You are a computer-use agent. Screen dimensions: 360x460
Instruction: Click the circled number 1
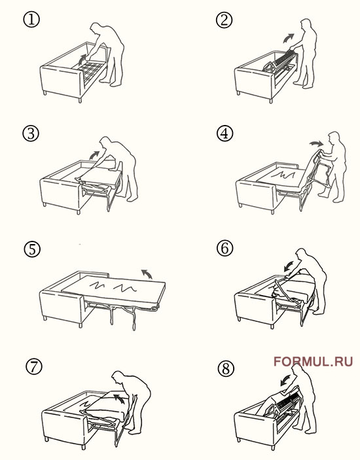pos(31,20)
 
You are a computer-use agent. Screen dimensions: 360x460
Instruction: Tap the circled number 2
pos(224,20)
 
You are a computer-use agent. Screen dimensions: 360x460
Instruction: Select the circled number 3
pos(31,133)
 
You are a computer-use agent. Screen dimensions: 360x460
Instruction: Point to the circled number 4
pos(225,133)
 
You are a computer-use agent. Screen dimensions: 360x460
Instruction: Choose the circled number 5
pos(32,249)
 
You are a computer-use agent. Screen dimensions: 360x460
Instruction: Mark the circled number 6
pos(225,248)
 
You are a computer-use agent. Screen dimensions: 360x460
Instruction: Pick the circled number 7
pos(34,366)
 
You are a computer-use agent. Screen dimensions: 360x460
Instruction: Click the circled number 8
pos(226,368)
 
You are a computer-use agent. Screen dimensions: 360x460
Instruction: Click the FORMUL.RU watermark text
pos(313,361)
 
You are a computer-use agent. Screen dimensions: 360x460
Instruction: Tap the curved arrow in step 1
pos(82,60)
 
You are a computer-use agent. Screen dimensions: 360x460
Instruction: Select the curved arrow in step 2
pos(288,38)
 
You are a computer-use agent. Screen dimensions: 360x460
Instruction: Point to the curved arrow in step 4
pos(316,143)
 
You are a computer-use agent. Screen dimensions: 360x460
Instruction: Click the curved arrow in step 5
pos(147,274)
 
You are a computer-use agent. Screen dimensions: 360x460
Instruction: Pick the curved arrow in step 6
pos(289,266)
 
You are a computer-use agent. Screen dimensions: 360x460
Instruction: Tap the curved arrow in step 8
pos(285,380)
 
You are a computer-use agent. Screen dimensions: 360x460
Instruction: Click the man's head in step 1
pos(96,28)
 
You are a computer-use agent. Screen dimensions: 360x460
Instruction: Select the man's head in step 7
pos(117,377)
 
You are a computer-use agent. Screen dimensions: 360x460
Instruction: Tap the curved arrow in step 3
pos(94,155)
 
